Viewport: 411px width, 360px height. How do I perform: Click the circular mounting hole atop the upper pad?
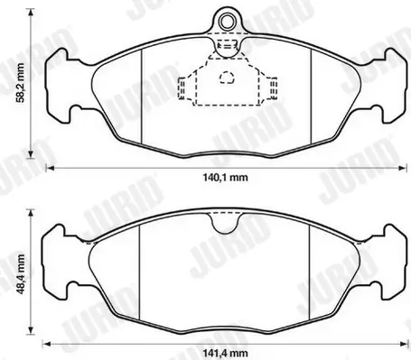[x=227, y=19]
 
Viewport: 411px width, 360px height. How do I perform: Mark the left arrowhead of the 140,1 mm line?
[x=50, y=168]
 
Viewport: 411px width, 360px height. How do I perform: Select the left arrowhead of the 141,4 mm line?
[x=50, y=342]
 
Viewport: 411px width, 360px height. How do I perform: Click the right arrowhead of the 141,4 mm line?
[x=406, y=342]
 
